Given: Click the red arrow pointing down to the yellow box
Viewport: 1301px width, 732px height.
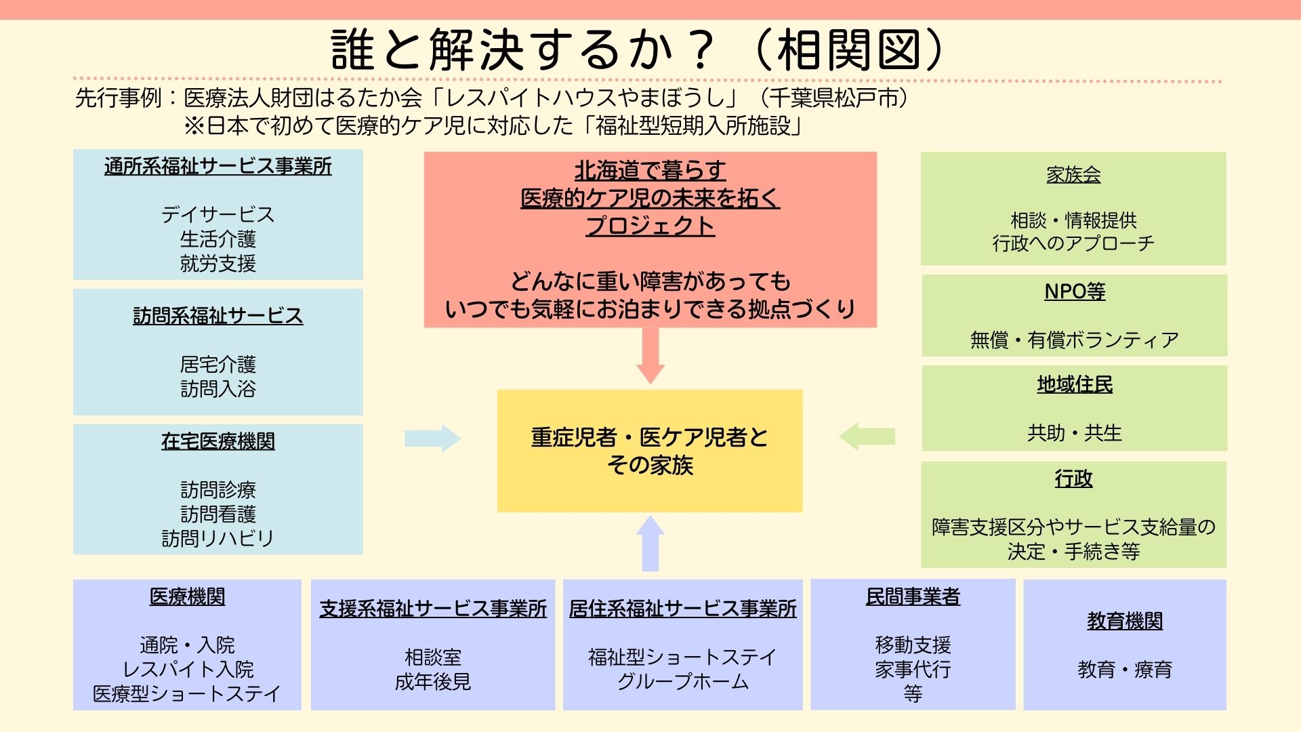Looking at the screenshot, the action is tap(650, 356).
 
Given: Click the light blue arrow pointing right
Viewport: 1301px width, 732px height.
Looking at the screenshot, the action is tap(433, 439).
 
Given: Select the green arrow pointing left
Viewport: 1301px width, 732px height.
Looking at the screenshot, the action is tap(867, 436).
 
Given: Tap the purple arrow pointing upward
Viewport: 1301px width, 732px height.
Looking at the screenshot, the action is tap(650, 543).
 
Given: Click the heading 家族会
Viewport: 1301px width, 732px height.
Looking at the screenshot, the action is tap(1073, 175).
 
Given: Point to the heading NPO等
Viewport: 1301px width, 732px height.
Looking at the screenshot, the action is tap(1075, 291).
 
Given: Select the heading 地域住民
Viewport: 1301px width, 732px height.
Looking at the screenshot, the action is tap(1075, 384).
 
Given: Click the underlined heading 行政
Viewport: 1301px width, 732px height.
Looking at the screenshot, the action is tap(1073, 479).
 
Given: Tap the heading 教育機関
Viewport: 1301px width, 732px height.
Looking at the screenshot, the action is tap(1125, 621).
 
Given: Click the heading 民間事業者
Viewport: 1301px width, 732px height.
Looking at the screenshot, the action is tap(913, 596).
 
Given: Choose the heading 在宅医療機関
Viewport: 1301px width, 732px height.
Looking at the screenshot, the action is tap(218, 441).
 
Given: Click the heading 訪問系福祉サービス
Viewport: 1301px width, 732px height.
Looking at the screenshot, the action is tap(218, 316).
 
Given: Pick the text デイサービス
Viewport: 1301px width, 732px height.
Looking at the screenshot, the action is tap(218, 215).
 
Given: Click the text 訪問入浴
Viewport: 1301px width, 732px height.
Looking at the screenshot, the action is tap(218, 389).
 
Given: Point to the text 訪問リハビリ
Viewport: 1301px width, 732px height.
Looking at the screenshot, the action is tap(218, 538).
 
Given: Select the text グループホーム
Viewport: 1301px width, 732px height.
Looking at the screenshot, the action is tap(683, 681).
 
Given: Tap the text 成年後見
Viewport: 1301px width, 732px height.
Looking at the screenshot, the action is tap(433, 681).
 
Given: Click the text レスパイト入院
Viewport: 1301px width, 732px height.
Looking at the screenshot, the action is tap(188, 669).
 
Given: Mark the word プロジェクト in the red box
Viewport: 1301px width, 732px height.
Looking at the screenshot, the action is tap(650, 226).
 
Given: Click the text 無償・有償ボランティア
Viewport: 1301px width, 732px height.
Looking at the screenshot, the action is tap(1075, 340).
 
